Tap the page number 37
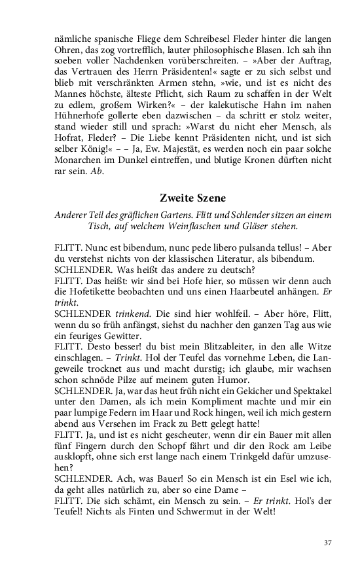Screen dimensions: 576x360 pyautogui.click(x=328, y=543)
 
